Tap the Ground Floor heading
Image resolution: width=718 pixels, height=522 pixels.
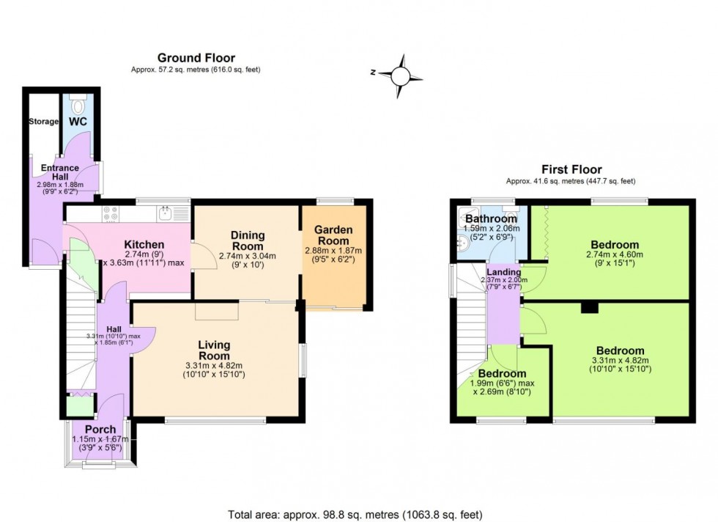click(196, 58)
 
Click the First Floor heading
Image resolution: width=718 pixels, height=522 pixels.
click(571, 169)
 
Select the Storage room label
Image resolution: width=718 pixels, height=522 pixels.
click(43, 121)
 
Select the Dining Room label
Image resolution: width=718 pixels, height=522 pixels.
click(248, 240)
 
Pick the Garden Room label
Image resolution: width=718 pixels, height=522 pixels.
click(333, 235)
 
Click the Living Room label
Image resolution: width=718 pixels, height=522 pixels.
click(215, 350)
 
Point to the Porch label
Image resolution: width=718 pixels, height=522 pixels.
click(100, 429)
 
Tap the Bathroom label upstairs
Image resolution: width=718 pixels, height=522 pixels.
click(491, 218)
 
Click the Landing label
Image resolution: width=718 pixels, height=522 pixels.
click(504, 272)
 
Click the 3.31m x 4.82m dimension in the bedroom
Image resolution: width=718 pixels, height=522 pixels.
click(620, 361)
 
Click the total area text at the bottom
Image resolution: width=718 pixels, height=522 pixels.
click(358, 515)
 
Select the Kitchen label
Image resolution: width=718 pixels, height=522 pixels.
click(144, 244)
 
